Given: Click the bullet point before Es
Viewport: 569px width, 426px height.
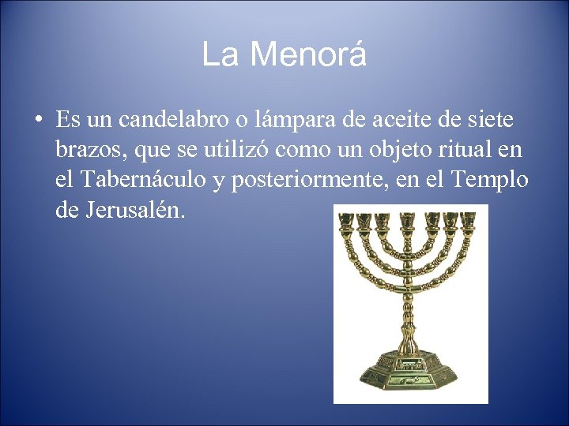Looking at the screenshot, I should pos(38,120).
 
